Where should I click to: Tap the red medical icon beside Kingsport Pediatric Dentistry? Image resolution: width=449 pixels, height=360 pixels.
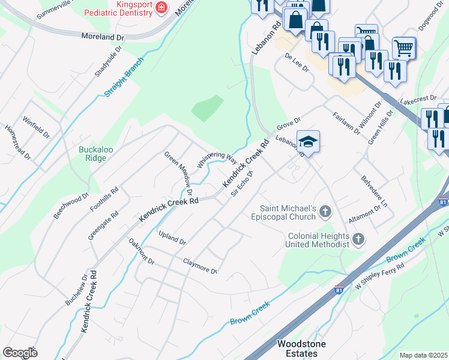pyautogui.click(x=161, y=7)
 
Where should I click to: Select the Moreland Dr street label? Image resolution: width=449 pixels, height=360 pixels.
pyautogui.click(x=103, y=37)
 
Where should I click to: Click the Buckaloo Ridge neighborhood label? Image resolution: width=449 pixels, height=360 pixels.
pyautogui.click(x=92, y=154)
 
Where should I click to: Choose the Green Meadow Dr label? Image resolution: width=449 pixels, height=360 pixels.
pyautogui.click(x=178, y=173)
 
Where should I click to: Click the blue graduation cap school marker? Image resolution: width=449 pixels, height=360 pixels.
pyautogui.click(x=308, y=142)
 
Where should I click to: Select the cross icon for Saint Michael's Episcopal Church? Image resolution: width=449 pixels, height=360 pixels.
pyautogui.click(x=325, y=211)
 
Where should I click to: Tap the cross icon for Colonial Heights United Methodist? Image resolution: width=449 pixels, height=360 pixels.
pyautogui.click(x=358, y=240)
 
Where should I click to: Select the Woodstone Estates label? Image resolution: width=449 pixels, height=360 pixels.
pyautogui.click(x=297, y=349)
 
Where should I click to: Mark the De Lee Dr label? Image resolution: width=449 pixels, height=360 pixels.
pyautogui.click(x=297, y=62)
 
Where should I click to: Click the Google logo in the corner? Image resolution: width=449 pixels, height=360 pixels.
pyautogui.click(x=20, y=352)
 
